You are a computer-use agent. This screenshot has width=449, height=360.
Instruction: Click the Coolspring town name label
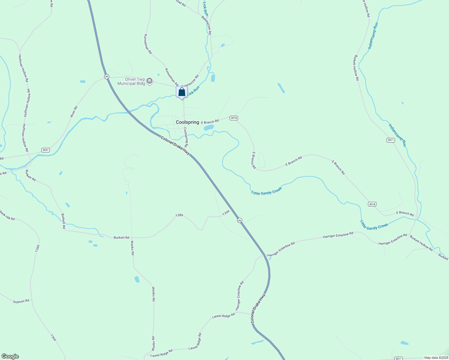point(187,122)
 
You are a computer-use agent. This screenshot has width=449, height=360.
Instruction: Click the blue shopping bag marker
point(182,92)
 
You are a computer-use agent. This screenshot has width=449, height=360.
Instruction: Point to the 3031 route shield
point(46,150)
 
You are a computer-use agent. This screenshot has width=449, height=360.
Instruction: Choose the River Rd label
point(74,112)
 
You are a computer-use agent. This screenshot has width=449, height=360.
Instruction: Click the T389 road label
point(179,215)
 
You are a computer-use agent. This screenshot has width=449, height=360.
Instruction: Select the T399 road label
point(226,213)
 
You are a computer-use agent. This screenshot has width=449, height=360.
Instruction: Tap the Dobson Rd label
point(21,301)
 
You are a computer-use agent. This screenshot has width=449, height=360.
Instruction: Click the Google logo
point(10,356)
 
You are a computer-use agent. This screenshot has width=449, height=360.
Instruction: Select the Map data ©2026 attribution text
point(435,358)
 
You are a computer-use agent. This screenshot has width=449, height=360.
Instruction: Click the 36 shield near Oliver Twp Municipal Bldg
point(107,76)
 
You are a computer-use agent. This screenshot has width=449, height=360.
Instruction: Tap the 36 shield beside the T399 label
point(239,220)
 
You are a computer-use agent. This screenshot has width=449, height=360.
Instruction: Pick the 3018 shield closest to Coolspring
point(234,118)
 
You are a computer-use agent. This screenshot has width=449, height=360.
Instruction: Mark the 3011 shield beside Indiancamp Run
point(390,140)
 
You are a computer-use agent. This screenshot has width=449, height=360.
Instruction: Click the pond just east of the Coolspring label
point(209,128)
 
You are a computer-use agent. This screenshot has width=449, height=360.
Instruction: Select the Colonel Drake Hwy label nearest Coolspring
point(175,145)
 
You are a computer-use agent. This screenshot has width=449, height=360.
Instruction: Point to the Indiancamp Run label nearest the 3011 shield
point(397,135)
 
